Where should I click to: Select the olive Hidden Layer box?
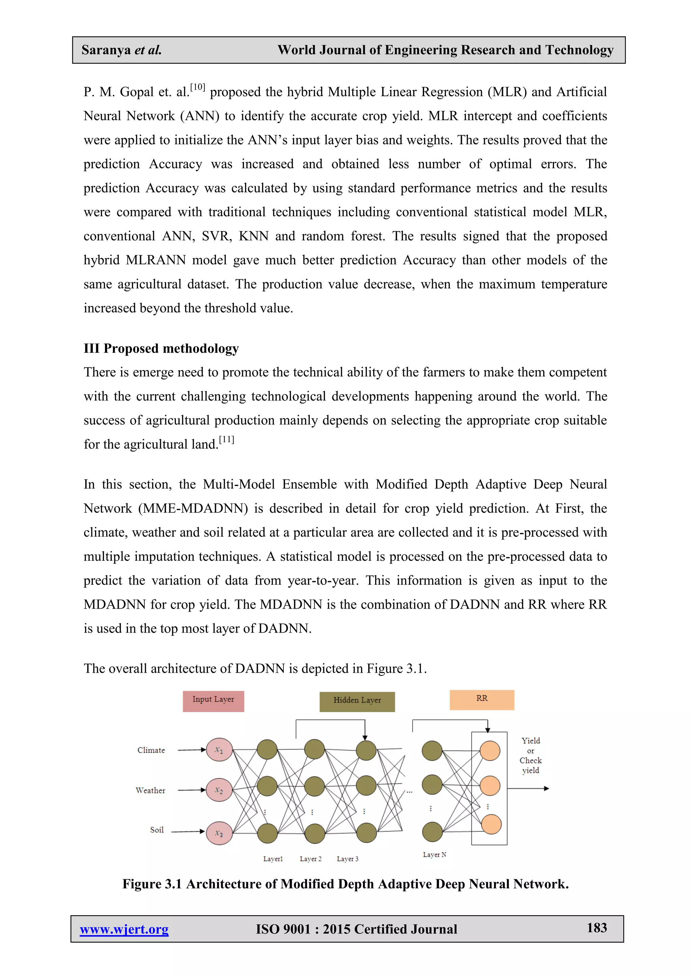pos(357,701)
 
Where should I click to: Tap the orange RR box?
pos(482,700)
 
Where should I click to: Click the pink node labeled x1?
pos(219,750)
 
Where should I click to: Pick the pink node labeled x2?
pos(219,790)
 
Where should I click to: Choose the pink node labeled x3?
pos(219,833)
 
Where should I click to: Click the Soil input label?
pos(157,830)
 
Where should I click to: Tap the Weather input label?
pos(150,790)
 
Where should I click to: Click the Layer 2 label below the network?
pos(311,859)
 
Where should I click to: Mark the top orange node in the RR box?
pos(490,751)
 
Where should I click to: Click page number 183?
pos(597,928)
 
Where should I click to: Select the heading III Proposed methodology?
pos(161,348)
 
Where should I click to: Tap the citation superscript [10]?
pos(197,87)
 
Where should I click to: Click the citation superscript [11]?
pos(226,440)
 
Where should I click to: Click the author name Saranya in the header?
pos(106,50)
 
